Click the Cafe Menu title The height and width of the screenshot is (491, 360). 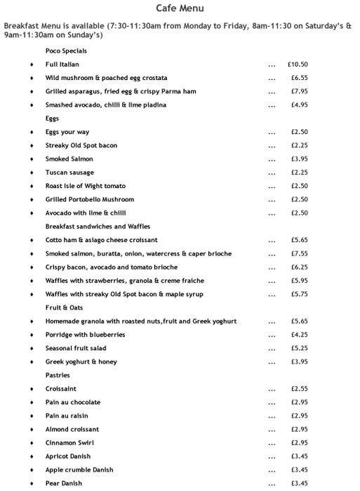coord(180,8)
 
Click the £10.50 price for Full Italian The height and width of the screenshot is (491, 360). coord(298,65)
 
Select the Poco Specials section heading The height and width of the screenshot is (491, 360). coord(67,51)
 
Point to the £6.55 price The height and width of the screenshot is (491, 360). coord(300,78)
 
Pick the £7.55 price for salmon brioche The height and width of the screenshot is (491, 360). coord(300,254)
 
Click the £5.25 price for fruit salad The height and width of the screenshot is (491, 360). coord(300,349)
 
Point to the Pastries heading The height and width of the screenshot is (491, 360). coord(59,375)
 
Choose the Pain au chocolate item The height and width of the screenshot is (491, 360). coord(73,403)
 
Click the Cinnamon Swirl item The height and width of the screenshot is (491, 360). coord(69,443)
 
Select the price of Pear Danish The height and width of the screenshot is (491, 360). coord(300,484)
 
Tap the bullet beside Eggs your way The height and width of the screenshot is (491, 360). coord(32,133)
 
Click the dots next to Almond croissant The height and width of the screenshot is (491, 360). coord(272,429)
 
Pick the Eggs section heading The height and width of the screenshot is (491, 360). coord(53,119)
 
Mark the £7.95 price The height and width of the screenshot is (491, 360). coord(300,91)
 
